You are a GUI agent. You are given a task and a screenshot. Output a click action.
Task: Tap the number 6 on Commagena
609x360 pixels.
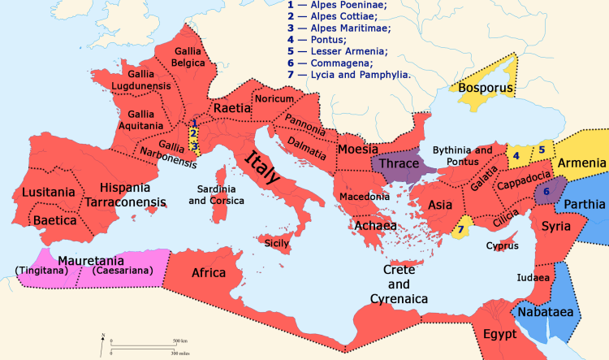(x=546, y=192)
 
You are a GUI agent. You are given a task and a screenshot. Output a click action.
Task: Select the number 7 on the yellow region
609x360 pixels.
(x=460, y=230)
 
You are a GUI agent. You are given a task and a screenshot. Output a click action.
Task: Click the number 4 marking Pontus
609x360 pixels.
(x=515, y=154)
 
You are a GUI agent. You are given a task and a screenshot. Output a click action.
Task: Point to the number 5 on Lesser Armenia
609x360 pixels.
(x=542, y=150)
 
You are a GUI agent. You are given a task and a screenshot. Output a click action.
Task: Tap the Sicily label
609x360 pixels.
(x=277, y=242)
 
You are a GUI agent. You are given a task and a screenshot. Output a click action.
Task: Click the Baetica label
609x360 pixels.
(x=55, y=220)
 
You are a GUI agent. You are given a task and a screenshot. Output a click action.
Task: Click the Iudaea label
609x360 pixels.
(x=533, y=277)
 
